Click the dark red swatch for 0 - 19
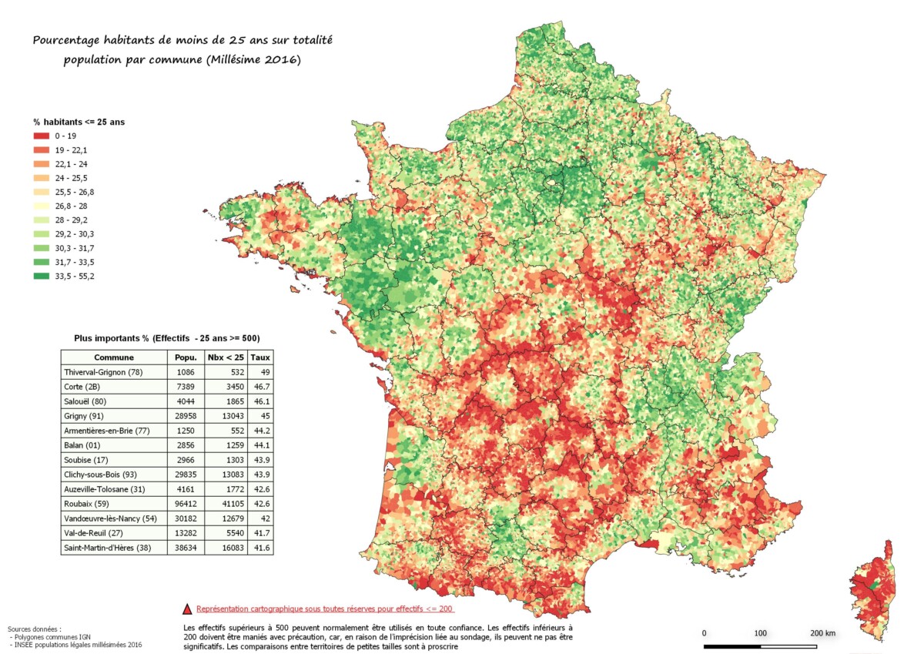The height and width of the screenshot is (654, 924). [x=42, y=136]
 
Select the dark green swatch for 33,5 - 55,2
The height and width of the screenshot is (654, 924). [x=42, y=276]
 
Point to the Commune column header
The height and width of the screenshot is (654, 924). [x=114, y=357]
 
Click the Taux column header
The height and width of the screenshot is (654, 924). [x=260, y=357]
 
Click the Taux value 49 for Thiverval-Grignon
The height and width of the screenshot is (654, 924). [x=260, y=372]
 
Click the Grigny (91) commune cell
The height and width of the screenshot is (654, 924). [x=85, y=416]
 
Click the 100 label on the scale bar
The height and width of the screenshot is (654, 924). [x=760, y=632]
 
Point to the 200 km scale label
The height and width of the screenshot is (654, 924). [x=822, y=632]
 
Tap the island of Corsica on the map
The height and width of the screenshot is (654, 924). [x=874, y=589]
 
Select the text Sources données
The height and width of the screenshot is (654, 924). [x=35, y=629]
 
